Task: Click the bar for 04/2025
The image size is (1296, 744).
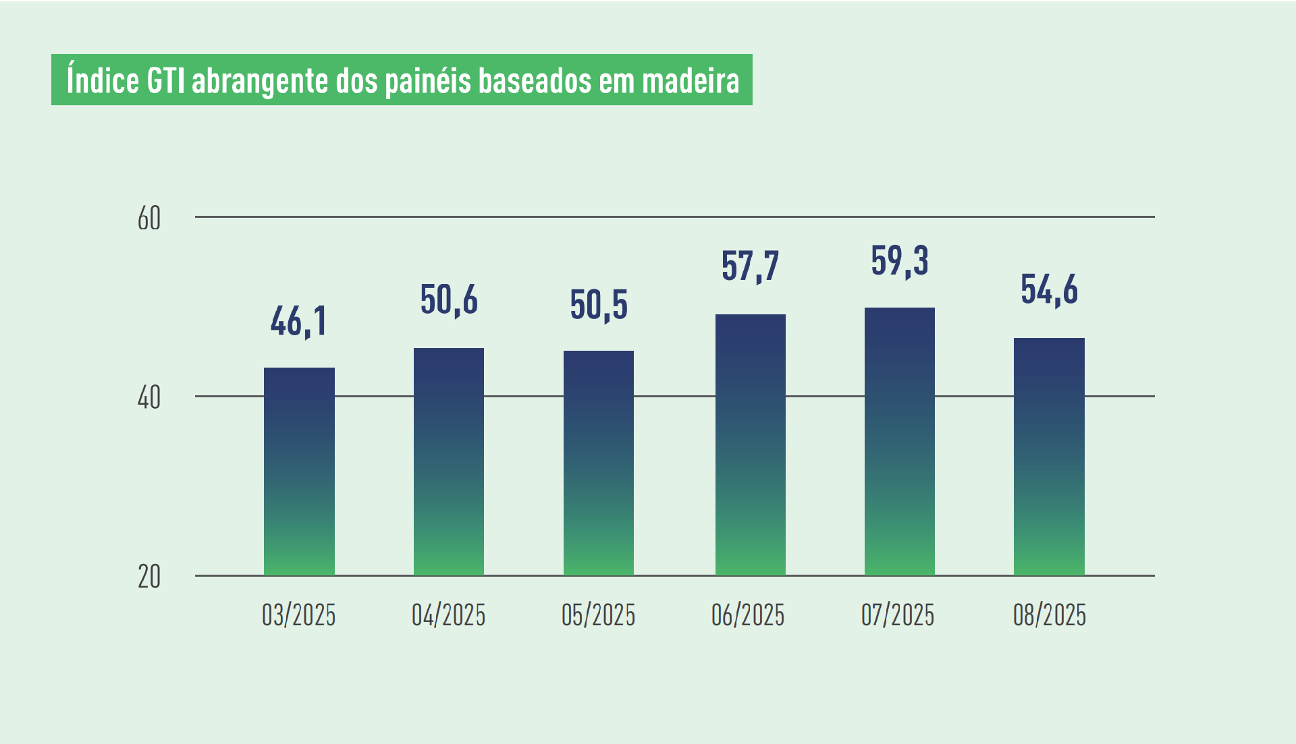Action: (x=449, y=461)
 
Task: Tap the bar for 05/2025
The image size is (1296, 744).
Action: (x=599, y=463)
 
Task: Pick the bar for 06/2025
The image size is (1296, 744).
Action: (x=750, y=445)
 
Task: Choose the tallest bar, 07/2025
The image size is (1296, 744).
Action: (x=900, y=441)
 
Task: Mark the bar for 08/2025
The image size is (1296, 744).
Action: (x=1049, y=456)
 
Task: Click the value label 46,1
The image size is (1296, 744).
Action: (x=299, y=321)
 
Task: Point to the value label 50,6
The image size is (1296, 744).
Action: (x=449, y=300)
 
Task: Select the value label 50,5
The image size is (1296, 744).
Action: (x=599, y=305)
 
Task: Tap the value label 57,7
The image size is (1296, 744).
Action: (x=750, y=266)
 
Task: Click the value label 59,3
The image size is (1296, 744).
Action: (x=900, y=261)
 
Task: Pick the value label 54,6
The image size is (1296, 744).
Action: (x=1049, y=290)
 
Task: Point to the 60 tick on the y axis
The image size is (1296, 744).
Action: (x=149, y=219)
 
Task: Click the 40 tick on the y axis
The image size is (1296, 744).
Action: (x=149, y=397)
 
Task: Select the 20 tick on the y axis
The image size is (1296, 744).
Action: (x=149, y=577)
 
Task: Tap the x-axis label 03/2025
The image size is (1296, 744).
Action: (x=299, y=615)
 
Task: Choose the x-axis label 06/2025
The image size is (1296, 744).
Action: (x=748, y=615)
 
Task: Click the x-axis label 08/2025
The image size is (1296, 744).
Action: (x=1050, y=615)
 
